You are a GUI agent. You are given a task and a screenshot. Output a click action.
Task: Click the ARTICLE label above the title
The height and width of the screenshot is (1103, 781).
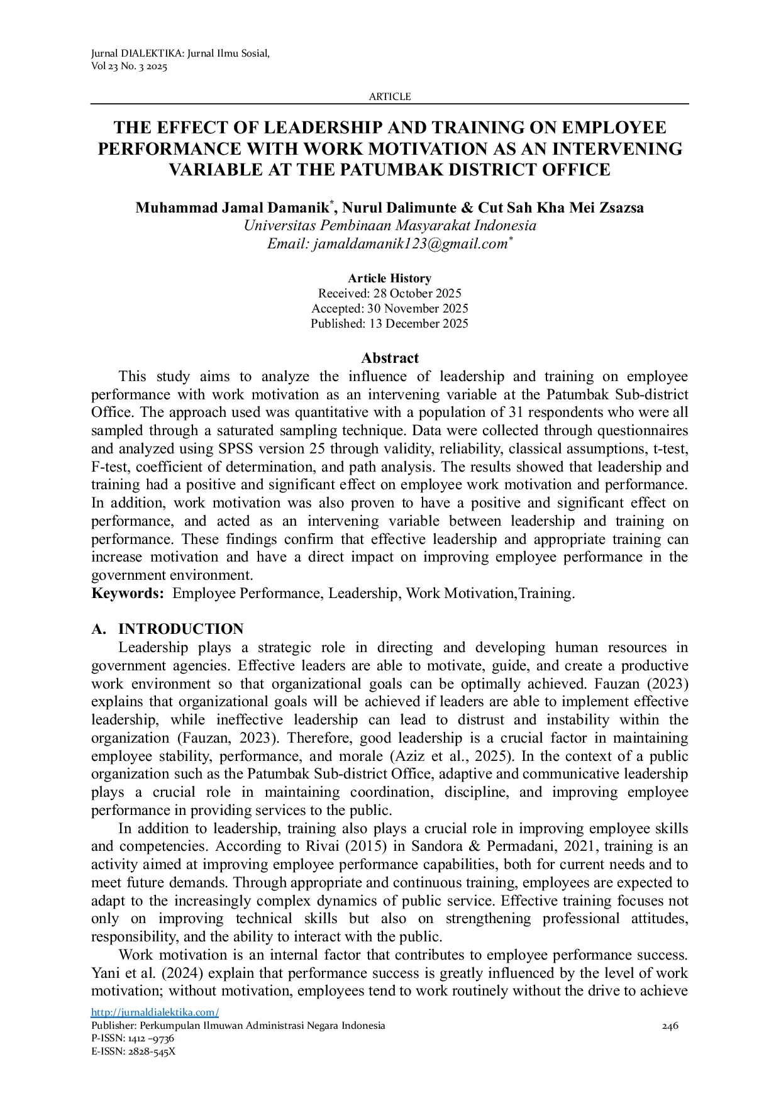click(389, 96)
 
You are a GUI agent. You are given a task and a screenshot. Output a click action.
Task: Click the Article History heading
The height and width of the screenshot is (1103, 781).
click(389, 278)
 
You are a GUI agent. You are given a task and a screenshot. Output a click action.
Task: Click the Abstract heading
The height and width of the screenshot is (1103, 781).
click(389, 358)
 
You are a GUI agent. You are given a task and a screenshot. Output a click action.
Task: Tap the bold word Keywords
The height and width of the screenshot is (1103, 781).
click(127, 593)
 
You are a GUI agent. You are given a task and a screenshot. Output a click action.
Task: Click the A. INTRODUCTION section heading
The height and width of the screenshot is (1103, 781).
click(167, 629)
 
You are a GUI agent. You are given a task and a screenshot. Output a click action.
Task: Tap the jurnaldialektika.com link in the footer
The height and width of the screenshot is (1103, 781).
click(155, 1012)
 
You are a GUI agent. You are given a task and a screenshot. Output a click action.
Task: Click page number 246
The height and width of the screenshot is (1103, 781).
click(670, 1026)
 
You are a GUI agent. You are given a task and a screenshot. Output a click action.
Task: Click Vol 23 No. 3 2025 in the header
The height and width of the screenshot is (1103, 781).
click(129, 67)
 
